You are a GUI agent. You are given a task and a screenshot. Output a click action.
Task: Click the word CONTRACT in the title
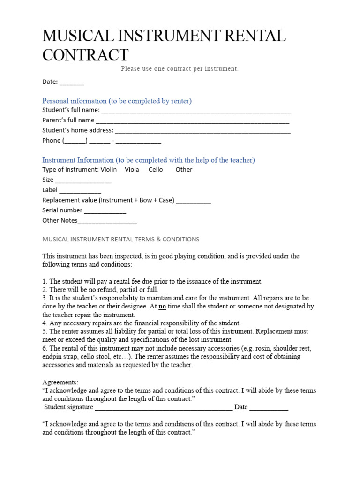[85, 55]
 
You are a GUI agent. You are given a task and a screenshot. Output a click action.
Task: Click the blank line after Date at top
[72, 83]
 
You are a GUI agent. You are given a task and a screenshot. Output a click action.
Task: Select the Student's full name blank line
[196, 111]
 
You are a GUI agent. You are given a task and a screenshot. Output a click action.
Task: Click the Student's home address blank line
[202, 131]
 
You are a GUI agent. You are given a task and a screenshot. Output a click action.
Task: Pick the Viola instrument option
[132, 170]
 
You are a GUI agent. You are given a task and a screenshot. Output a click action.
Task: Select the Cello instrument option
[156, 170]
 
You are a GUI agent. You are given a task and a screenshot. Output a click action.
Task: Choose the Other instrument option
[184, 170]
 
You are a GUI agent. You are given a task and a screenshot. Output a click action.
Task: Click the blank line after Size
[83, 181]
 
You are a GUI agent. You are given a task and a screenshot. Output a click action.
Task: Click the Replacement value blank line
[194, 201]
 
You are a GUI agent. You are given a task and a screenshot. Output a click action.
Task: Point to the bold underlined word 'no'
[162, 307]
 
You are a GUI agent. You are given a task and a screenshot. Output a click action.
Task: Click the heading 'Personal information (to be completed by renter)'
[117, 101]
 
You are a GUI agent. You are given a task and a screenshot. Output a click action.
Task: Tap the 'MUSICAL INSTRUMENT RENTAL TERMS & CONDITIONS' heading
[120, 239]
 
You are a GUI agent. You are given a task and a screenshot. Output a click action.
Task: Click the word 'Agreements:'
[60, 382]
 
